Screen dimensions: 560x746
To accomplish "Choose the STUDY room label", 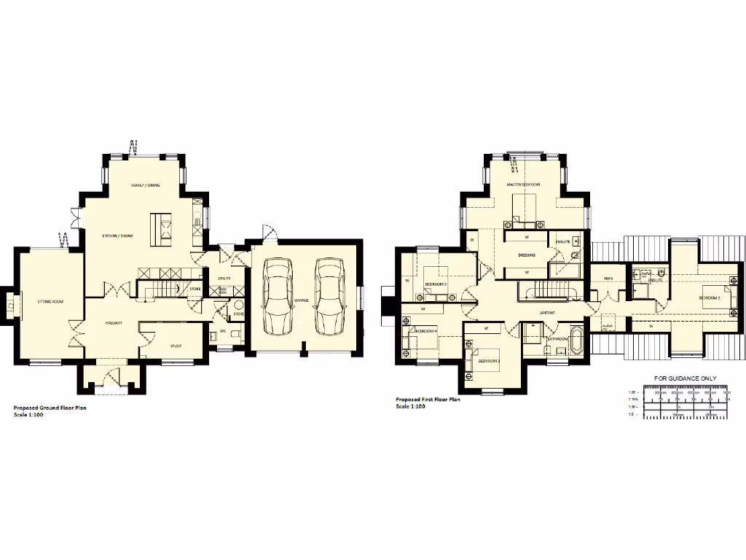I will point(176,346).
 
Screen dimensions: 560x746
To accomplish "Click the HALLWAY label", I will point(113,322).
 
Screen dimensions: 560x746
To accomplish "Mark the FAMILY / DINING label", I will point(145,186).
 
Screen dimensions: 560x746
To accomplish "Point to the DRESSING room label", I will point(527,255).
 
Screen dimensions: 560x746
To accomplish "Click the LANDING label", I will point(548,313).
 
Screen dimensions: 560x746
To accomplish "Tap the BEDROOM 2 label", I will point(710,298).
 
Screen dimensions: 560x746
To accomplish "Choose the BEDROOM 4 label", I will point(426,331).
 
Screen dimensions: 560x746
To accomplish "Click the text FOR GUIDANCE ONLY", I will point(684,378).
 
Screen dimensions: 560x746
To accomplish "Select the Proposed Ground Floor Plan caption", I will point(50,408).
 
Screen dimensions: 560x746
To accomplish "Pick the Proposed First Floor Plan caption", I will point(427,400).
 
